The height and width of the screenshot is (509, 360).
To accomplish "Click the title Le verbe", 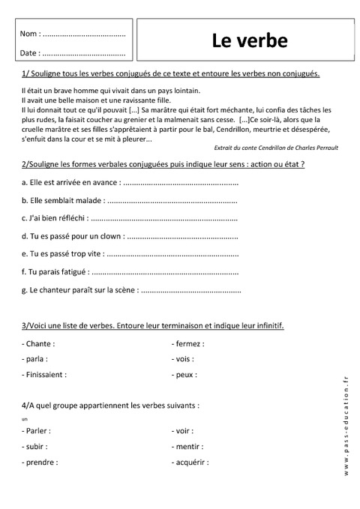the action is pyautogui.click(x=249, y=40).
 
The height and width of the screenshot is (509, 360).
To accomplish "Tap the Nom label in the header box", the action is pyautogui.click(x=28, y=34).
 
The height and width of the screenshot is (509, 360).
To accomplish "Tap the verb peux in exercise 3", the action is pyautogui.click(x=186, y=373).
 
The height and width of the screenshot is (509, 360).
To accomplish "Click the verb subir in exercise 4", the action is pyautogui.click(x=37, y=447).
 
